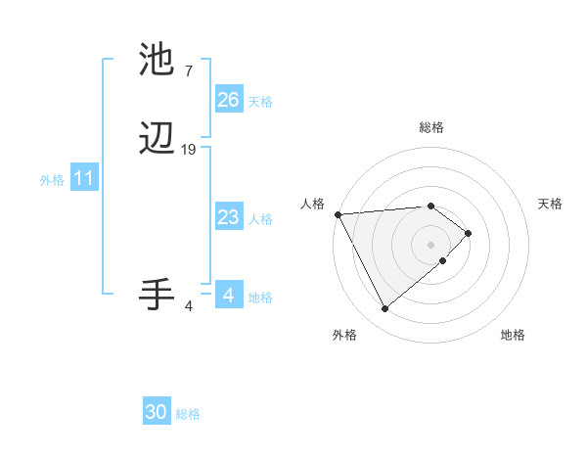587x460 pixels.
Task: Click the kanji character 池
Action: [x=157, y=61]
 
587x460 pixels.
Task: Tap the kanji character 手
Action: [x=157, y=295]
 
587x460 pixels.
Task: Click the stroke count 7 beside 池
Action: [x=188, y=71]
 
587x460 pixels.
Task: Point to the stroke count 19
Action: [x=189, y=150]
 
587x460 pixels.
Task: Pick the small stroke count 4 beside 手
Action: [x=189, y=306]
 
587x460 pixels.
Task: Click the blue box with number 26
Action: [x=228, y=100]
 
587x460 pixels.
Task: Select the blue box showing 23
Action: [x=228, y=217]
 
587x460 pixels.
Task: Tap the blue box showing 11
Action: [x=84, y=179]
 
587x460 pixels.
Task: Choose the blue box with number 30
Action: [x=157, y=412]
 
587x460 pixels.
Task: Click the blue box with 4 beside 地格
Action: [x=228, y=295]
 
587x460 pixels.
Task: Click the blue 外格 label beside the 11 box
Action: [x=52, y=180]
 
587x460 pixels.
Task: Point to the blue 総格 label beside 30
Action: [x=188, y=414]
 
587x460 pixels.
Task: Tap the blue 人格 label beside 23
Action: [x=261, y=219]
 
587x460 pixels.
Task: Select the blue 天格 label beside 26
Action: [x=261, y=102]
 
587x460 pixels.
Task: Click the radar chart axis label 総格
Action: [x=430, y=127]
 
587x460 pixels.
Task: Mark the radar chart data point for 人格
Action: [x=337, y=214]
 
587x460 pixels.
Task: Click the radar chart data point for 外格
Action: [x=384, y=309]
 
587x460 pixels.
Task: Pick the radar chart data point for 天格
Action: [x=470, y=233]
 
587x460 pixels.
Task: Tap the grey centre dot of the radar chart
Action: [x=430, y=244]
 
